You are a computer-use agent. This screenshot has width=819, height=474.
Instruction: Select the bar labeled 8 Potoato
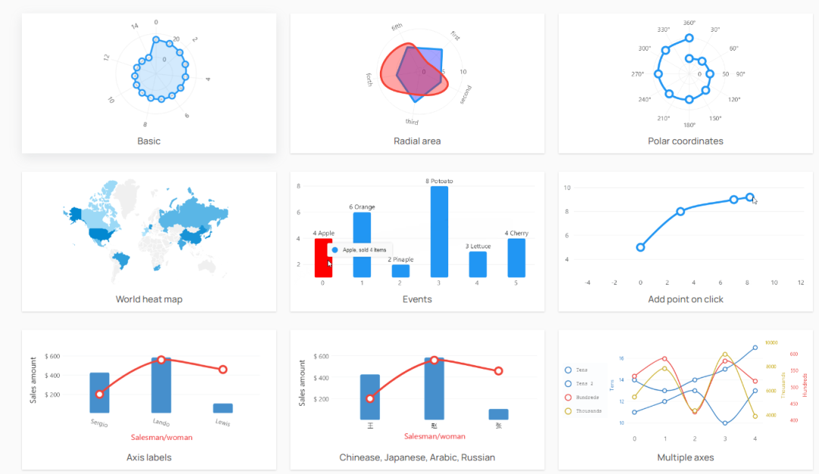click(x=439, y=231)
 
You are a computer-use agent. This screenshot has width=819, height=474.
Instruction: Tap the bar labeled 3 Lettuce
click(x=478, y=264)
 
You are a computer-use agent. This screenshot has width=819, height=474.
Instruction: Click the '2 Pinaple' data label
click(x=400, y=259)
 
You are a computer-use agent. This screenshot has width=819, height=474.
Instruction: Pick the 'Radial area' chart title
click(x=417, y=141)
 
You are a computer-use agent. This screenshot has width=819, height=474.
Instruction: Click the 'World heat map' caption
click(x=149, y=299)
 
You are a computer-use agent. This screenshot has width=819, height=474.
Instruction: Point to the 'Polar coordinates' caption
click(x=686, y=141)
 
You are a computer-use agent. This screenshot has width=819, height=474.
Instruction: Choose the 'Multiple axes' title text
click(x=686, y=457)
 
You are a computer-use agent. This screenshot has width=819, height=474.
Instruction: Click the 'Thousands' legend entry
click(x=588, y=411)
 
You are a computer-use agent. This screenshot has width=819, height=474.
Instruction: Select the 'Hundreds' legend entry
click(x=587, y=398)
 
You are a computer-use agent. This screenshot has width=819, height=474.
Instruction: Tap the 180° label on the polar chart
click(x=689, y=125)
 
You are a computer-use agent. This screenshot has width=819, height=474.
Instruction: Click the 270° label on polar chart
click(x=638, y=74)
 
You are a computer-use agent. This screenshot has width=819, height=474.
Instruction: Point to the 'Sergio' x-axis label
click(x=99, y=423)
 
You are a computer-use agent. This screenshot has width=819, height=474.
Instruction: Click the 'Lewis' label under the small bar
click(x=222, y=423)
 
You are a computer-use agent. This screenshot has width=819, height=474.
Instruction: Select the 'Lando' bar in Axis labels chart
click(x=161, y=385)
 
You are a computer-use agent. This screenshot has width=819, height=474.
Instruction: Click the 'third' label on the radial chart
click(x=412, y=122)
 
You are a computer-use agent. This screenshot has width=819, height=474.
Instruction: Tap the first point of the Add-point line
click(x=641, y=247)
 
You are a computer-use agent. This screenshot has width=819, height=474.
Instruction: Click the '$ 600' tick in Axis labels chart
click(x=52, y=356)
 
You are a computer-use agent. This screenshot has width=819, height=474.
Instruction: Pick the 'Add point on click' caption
click(x=686, y=299)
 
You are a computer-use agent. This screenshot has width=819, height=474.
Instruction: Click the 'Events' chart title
click(x=417, y=299)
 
